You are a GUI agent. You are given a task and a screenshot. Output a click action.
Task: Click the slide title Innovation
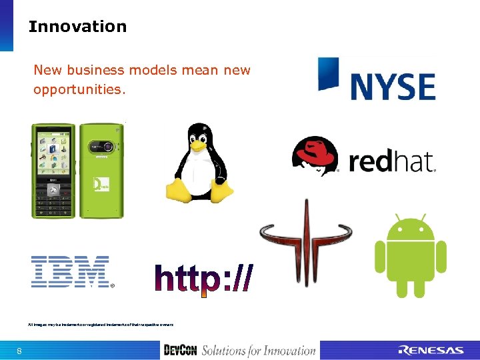click(x=77, y=27)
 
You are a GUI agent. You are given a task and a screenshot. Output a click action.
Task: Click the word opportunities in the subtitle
click(x=79, y=89)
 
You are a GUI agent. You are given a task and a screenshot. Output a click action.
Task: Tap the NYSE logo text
click(x=393, y=87)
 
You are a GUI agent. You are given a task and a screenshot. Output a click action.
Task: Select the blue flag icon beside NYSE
click(x=329, y=73)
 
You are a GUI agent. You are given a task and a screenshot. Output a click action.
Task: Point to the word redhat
click(x=391, y=161)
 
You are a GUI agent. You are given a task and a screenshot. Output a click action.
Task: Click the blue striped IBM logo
click(x=71, y=272)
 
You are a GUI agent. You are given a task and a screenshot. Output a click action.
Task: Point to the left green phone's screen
click(x=52, y=153)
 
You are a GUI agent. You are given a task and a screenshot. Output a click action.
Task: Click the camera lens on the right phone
click(x=105, y=146)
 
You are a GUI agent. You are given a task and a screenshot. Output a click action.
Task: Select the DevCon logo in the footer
click(x=181, y=350)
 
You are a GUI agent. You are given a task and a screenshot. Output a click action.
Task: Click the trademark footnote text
click(x=101, y=324)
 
